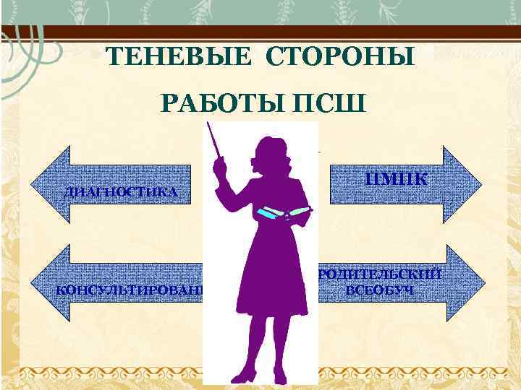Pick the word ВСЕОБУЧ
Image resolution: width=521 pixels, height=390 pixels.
tap(381, 290)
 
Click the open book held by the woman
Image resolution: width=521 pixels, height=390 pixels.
tap(285, 212)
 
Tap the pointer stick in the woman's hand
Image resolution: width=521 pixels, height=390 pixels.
tap(216, 142)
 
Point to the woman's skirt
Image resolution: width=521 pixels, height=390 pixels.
tap(271, 289)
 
